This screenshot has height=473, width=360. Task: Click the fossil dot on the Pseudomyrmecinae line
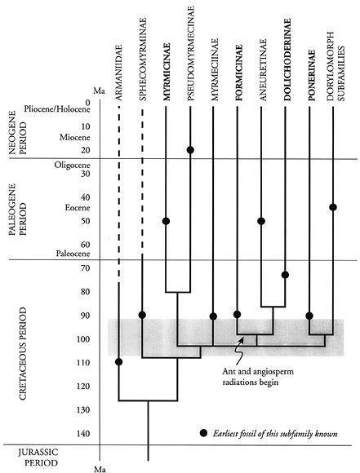pos(190,149)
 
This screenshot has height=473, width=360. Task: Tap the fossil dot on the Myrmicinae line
pos(166,221)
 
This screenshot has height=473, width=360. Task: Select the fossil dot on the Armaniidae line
pos(119,362)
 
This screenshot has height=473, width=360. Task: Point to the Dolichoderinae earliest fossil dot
pos(285,275)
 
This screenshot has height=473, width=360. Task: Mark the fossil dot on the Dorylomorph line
pos(333,207)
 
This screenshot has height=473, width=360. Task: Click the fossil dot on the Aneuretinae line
pos(261,221)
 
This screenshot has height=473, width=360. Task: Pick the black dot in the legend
pos(204,433)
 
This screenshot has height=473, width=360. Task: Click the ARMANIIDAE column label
pos(118,73)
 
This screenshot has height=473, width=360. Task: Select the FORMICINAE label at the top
pos(239,73)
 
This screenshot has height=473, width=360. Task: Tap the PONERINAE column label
pos(311,75)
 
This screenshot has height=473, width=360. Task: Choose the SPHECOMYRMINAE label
pos(143,60)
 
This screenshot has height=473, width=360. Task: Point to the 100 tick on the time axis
pos(82,338)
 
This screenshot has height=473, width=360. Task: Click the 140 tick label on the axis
pos(82,433)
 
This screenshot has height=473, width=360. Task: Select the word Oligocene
pos(72,165)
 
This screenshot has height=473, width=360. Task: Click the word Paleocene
pos(73,254)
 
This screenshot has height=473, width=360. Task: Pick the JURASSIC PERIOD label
pos(38,458)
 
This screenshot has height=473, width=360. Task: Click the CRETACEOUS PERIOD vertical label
pos(23,354)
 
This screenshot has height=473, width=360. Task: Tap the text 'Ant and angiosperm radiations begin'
pos(258,377)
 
